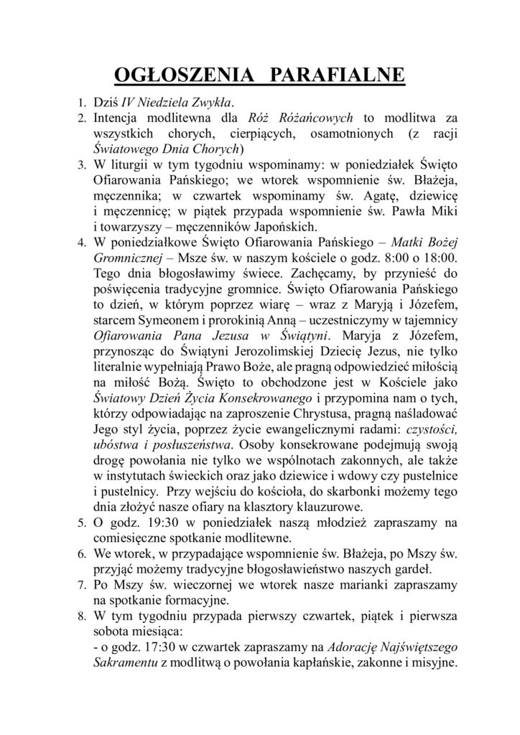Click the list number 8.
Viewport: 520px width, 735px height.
pyautogui.click(x=83, y=617)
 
